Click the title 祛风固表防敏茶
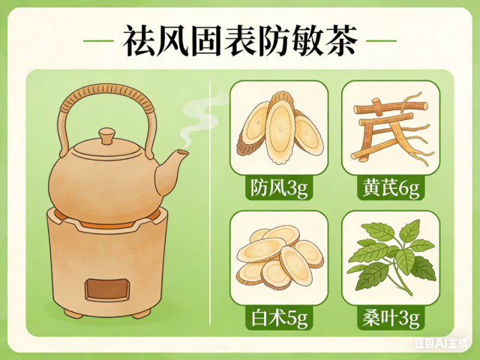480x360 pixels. pos(240,40)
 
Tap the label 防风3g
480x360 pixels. pos(279,187)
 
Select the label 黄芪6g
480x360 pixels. pos(391,187)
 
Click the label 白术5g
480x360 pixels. pos(279,318)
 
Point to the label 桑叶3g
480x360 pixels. pos(391,318)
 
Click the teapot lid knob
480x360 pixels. pos(106,136)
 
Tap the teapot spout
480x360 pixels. pos(172,172)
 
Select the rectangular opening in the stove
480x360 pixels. pos(107,289)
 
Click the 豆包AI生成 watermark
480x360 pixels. pos(442,343)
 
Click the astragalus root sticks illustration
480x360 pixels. pos(391,128)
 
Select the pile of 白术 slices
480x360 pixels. pos(280,257)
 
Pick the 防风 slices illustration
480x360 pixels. pos(280,127)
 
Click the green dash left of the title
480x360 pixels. pos(98,40)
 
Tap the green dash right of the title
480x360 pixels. pos(382,40)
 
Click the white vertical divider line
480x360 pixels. pos(210,202)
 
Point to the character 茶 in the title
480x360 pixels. pos(342,40)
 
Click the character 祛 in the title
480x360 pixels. pos(139,40)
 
